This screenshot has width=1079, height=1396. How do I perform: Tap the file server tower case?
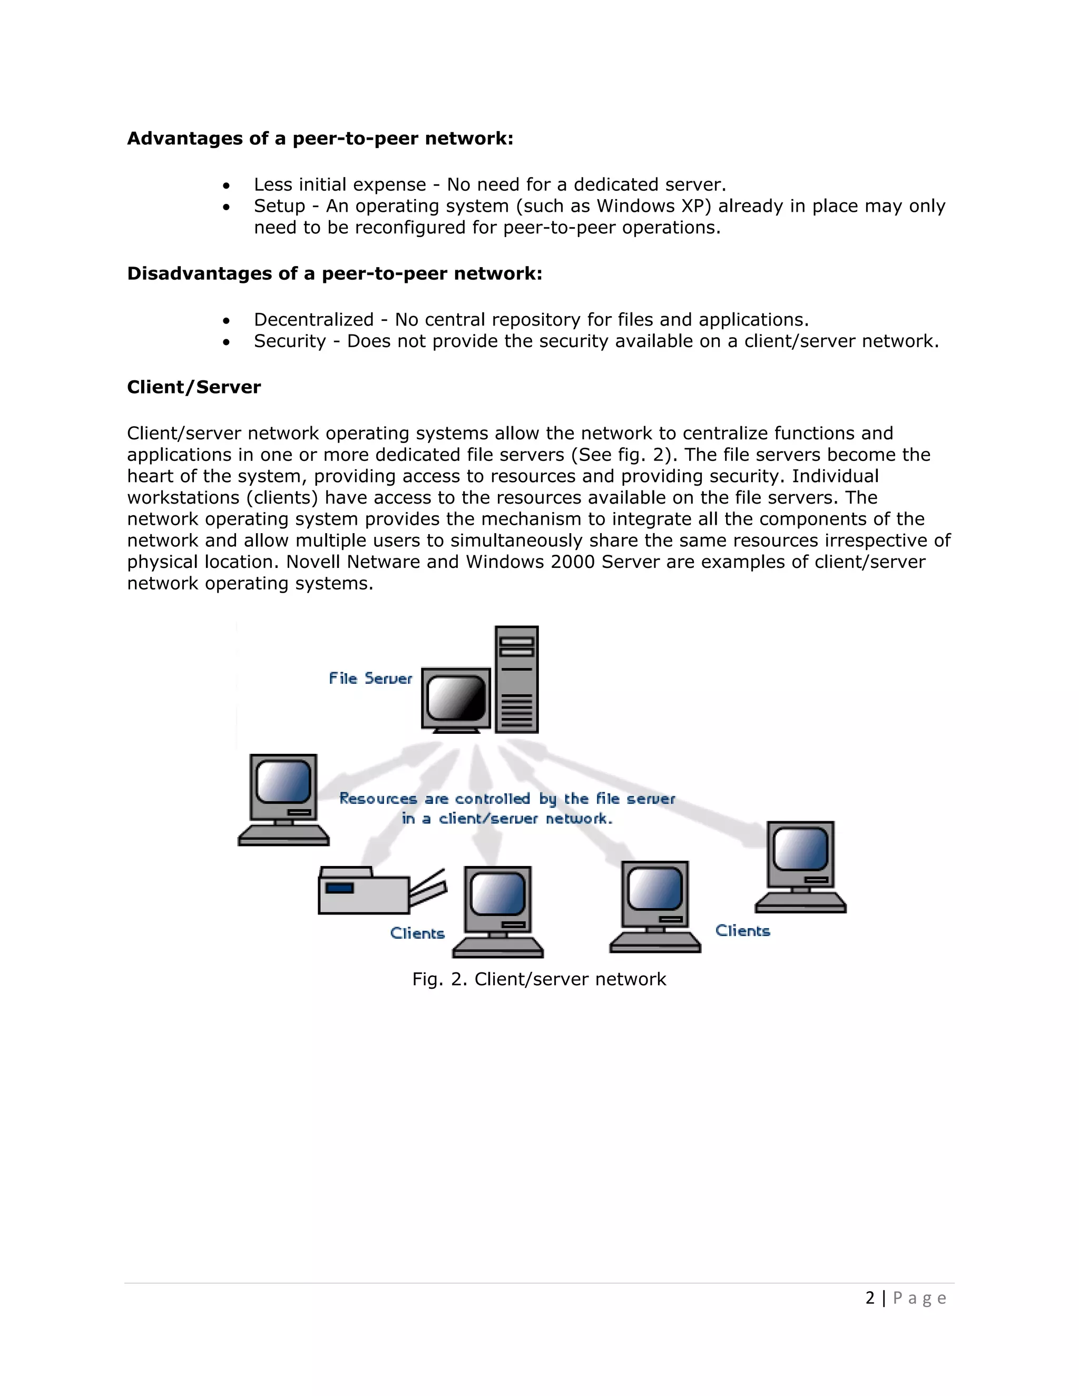516,680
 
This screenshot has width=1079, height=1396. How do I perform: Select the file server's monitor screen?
456,698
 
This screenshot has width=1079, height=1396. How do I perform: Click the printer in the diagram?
377,890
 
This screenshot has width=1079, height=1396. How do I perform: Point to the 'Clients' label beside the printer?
417,933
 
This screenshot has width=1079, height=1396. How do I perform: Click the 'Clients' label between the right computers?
742,931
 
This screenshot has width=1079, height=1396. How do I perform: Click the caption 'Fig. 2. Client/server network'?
539,979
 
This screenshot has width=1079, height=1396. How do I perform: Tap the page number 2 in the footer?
869,1297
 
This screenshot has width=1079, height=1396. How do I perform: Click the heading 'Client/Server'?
194,387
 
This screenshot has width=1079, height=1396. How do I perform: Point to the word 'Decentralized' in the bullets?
313,320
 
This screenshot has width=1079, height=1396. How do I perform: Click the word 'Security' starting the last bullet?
290,341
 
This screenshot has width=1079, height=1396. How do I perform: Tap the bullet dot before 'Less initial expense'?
226,186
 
